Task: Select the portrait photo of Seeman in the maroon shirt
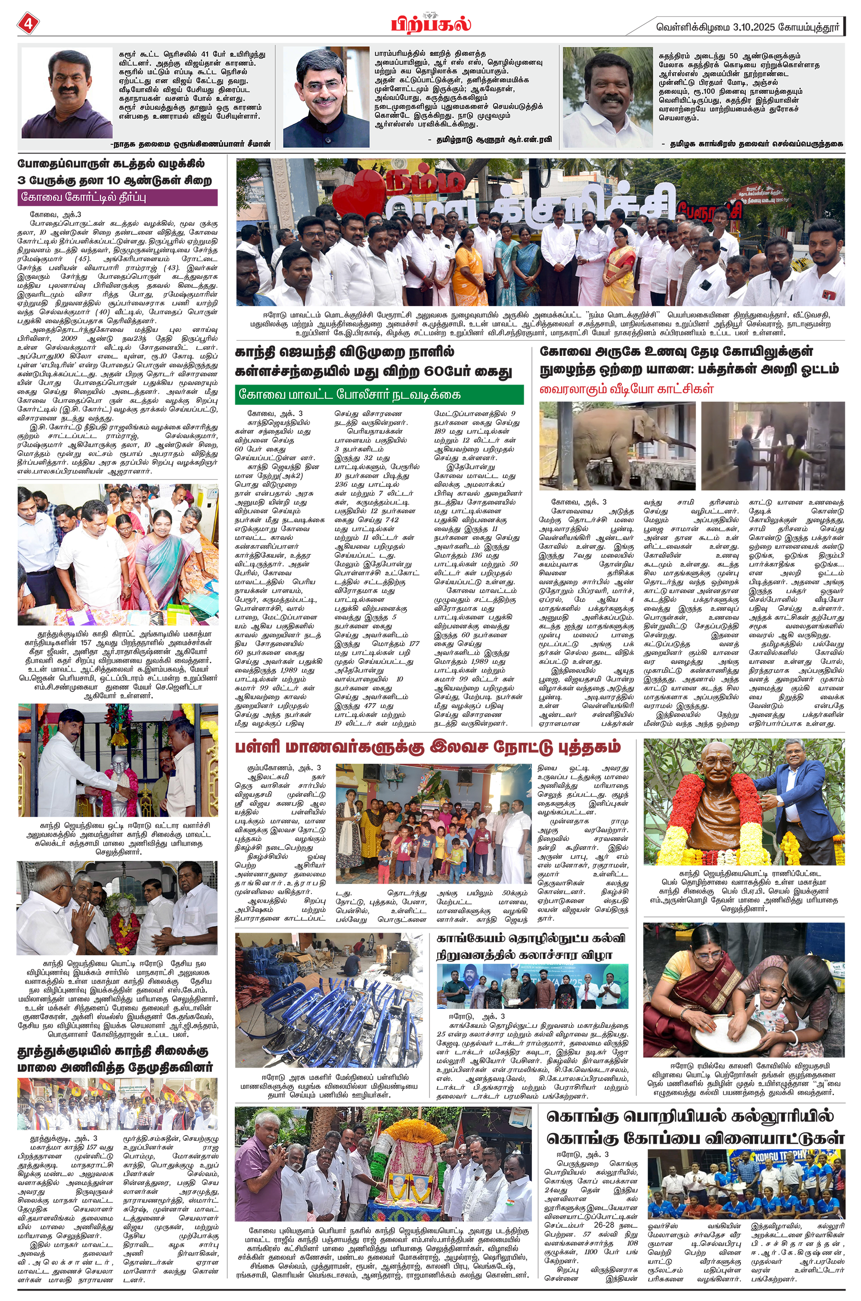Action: click(x=66, y=93)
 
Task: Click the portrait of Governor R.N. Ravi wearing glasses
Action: click(x=319, y=97)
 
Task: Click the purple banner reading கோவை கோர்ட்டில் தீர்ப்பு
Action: click(x=118, y=198)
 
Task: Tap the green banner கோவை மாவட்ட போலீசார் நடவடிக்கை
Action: click(x=379, y=395)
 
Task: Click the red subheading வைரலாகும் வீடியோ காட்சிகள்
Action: click(x=626, y=389)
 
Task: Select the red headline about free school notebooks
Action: click(x=428, y=747)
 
